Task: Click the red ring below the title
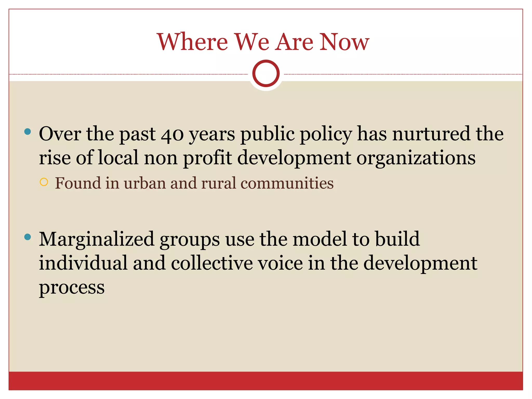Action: [266, 74]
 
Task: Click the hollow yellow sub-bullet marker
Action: [44, 182]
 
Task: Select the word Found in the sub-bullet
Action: [78, 183]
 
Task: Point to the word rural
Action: [218, 183]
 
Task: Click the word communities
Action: [287, 183]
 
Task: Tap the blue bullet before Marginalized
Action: [28, 237]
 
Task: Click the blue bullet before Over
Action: [28, 131]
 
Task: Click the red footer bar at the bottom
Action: [266, 381]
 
